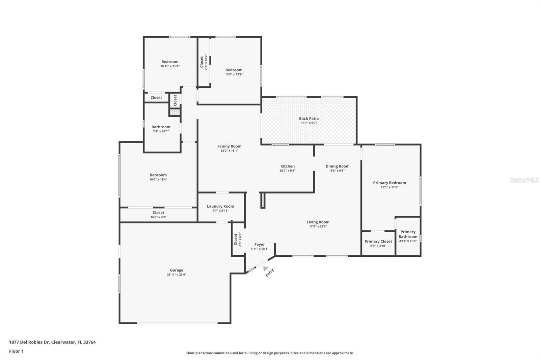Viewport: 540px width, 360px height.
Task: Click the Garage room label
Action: point(177,270)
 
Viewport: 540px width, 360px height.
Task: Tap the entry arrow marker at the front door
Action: point(265,268)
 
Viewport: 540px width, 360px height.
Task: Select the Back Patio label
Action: point(309,119)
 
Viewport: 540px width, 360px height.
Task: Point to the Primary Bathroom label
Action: point(408,234)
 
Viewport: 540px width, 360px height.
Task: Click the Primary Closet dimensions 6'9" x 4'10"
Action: point(378,246)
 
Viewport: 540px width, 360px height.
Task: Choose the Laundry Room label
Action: point(220,206)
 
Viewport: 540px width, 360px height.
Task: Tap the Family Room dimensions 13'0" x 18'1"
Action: point(229,151)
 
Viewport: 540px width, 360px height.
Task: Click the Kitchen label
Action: point(288,166)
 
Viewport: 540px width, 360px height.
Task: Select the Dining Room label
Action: point(337,166)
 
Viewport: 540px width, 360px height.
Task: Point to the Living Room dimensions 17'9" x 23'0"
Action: point(318,227)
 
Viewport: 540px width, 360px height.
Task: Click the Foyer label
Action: point(260,245)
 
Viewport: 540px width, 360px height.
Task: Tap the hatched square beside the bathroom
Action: point(175,112)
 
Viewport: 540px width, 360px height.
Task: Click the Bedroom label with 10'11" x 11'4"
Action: point(170,62)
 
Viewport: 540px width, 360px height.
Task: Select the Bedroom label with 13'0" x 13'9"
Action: point(234,70)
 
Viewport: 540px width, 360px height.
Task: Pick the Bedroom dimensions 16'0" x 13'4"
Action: point(158,179)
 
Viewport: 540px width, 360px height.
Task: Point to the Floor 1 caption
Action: point(16,351)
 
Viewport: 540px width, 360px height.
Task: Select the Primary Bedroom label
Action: point(389,183)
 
